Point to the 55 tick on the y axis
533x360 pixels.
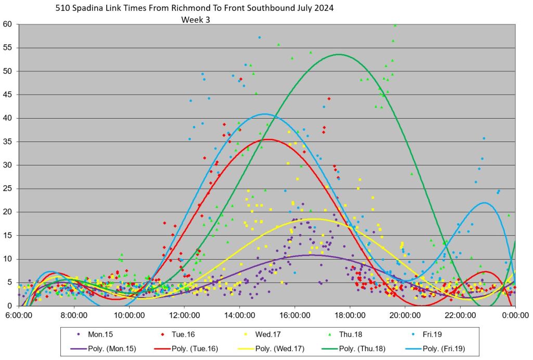click(x=8, y=48)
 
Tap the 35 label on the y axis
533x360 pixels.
click(x=8, y=142)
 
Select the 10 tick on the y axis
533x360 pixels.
click(x=8, y=259)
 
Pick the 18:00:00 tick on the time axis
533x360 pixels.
click(x=350, y=315)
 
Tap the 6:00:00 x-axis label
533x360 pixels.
click(x=19, y=315)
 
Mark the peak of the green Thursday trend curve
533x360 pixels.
click(x=339, y=54)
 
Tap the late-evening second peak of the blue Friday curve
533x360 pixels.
click(x=484, y=202)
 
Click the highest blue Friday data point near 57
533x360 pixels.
click(x=259, y=37)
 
